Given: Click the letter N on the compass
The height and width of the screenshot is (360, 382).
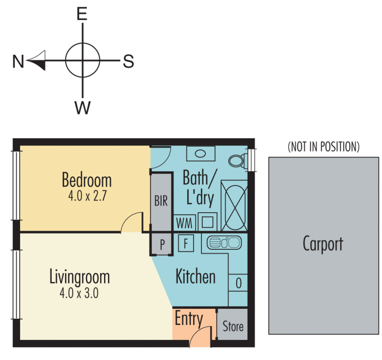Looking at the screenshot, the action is (18, 61).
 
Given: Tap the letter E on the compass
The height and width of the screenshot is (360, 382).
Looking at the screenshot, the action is (82, 14).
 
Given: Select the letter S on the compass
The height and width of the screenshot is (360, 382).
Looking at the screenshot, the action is (129, 61).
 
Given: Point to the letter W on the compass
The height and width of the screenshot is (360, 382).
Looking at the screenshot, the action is (83, 107).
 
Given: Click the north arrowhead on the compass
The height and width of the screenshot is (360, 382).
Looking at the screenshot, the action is (37, 60).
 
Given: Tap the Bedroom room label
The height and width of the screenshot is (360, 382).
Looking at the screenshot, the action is (87, 180).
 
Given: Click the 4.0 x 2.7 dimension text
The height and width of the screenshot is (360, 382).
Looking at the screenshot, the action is (87, 196).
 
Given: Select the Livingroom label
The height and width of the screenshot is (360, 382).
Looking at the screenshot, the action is (80, 277).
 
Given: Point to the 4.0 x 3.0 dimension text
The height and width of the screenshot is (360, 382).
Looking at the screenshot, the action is (79, 293).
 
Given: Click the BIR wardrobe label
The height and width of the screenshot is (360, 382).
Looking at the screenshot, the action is (161, 201).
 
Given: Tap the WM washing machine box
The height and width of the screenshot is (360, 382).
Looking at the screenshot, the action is (184, 223).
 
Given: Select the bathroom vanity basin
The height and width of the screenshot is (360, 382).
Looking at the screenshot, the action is (201, 154).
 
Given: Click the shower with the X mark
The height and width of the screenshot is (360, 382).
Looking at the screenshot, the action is (234, 206).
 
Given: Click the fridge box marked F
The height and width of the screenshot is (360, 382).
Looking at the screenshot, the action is (186, 243).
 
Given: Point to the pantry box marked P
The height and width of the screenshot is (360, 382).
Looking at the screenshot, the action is (162, 244).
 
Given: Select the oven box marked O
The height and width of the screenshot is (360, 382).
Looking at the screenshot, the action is (238, 283).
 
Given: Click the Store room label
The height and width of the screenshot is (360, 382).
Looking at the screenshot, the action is (233, 326).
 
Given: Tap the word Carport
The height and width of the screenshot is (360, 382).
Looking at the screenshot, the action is (323, 244).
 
